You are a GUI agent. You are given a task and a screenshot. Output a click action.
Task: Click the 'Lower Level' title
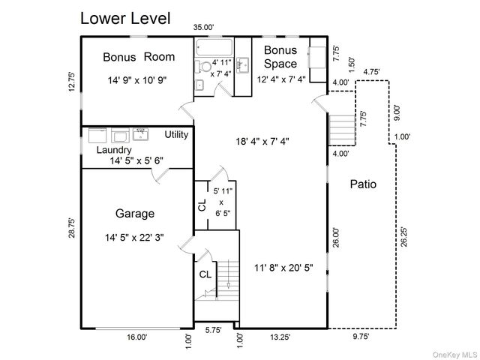pyautogui.click(x=125, y=17)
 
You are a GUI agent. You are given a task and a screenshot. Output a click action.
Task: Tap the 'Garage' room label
pyautogui.click(x=135, y=212)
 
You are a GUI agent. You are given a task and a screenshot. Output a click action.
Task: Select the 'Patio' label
pyautogui.click(x=363, y=184)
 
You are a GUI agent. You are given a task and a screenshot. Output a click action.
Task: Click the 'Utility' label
pyautogui.click(x=177, y=135)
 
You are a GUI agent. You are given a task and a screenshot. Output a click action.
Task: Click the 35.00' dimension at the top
pyautogui.click(x=204, y=28)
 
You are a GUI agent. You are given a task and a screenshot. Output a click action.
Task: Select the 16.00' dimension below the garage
pyautogui.click(x=137, y=337)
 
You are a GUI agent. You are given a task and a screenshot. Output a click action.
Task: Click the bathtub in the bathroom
pyautogui.click(x=213, y=49)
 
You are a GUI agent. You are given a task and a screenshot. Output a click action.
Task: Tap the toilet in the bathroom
pyautogui.click(x=202, y=67)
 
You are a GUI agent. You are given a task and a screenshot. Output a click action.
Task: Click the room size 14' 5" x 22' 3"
pyautogui.click(x=135, y=238)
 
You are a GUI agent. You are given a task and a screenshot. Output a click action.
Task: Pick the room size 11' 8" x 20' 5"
pyautogui.click(x=282, y=266)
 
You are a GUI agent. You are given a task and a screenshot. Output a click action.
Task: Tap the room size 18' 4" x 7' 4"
pyautogui.click(x=262, y=140)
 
